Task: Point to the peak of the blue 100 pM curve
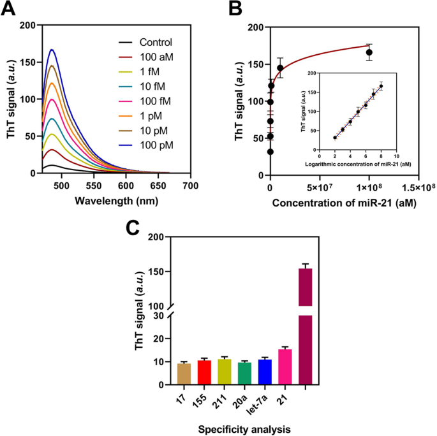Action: click(52, 50)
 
